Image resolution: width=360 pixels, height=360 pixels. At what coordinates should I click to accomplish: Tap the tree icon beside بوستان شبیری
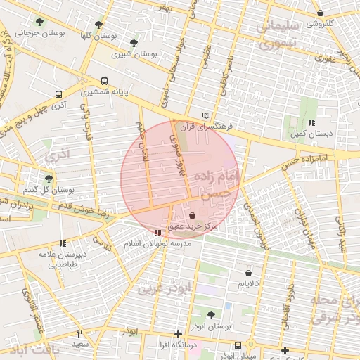pyautogui.click(x=134, y=43)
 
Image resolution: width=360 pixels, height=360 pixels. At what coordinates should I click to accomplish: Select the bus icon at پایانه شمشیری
pyautogui.click(x=105, y=81)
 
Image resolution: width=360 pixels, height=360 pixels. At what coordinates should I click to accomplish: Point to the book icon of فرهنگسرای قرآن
pyautogui.click(x=205, y=115)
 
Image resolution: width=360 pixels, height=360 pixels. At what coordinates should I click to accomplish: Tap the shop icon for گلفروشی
pyautogui.click(x=321, y=13)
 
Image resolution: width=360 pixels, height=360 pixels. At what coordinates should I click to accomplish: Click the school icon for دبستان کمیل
pyautogui.click(x=312, y=122)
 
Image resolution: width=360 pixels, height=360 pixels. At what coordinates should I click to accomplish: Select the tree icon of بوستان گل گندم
pyautogui.click(x=49, y=179)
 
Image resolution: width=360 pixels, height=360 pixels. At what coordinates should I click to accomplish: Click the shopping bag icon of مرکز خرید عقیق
pyautogui.click(x=193, y=215)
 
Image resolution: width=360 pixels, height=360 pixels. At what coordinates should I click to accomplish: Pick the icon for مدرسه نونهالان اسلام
pyautogui.click(x=157, y=233)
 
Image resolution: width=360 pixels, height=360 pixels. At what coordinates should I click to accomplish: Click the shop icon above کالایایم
pyautogui.click(x=249, y=273)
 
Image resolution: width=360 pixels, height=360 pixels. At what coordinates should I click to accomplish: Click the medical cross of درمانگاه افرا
pyautogui.click(x=179, y=334)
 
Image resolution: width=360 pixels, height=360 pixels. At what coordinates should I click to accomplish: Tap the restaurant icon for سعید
pyautogui.click(x=79, y=333)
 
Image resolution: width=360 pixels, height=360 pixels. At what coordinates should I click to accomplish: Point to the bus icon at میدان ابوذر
pyautogui.click(x=238, y=345)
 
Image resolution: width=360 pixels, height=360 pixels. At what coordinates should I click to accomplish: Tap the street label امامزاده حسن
pyautogui.click(x=303, y=159)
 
